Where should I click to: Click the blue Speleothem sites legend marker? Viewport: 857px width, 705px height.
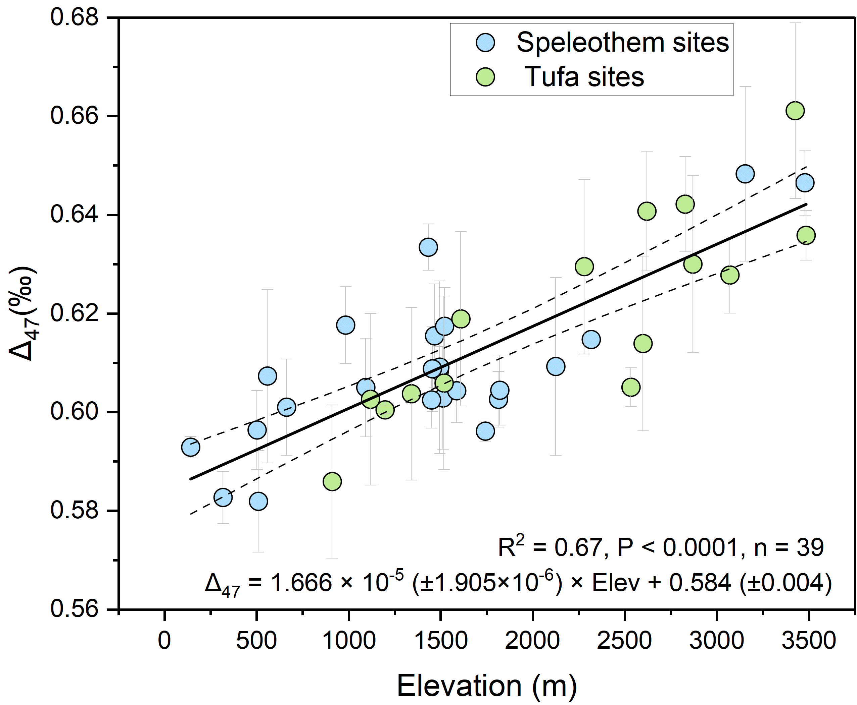tap(485, 42)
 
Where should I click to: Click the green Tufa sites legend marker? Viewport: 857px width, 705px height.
tap(485, 77)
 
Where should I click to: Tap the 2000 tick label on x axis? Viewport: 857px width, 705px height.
tap(532, 641)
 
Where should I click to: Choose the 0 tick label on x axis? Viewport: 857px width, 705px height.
tap(164, 641)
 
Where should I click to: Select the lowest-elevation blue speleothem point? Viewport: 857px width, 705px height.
tap(190, 448)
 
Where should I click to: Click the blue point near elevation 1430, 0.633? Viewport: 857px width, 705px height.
tap(428, 247)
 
